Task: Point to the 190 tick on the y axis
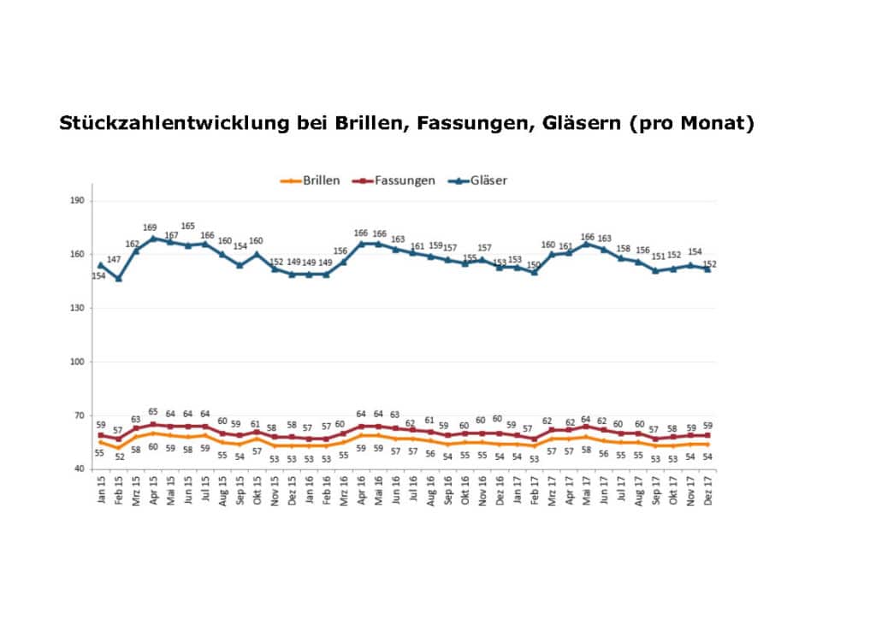pyautogui.click(x=80, y=201)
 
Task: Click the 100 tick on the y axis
pyautogui.click(x=80, y=362)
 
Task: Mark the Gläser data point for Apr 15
pyautogui.click(x=153, y=239)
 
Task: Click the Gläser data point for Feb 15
pyautogui.click(x=119, y=279)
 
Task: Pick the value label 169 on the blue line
pyautogui.click(x=151, y=228)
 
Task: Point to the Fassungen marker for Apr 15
pyautogui.click(x=153, y=424)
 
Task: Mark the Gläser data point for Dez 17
pyautogui.click(x=708, y=269)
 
